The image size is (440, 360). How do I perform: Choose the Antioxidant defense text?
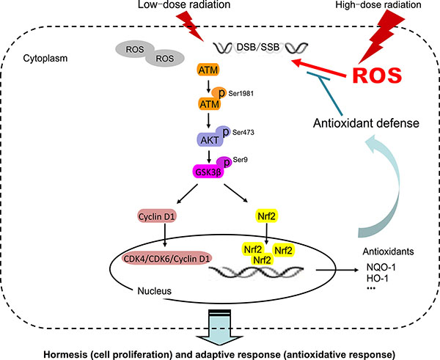368,124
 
